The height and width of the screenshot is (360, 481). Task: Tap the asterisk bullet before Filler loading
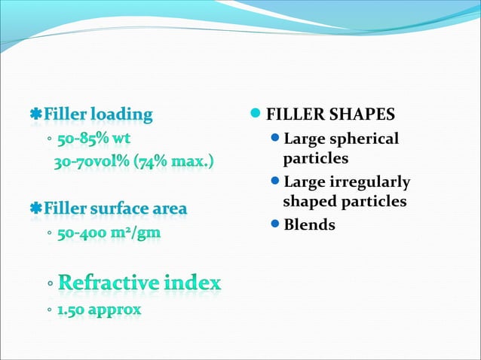pyautogui.click(x=35, y=115)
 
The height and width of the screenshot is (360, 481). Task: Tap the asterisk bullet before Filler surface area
pyautogui.click(x=35, y=208)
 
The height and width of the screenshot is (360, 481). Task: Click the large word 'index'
pyautogui.click(x=195, y=282)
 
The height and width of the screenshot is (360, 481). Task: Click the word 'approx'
pyautogui.click(x=115, y=310)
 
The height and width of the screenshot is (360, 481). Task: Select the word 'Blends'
pyautogui.click(x=309, y=224)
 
